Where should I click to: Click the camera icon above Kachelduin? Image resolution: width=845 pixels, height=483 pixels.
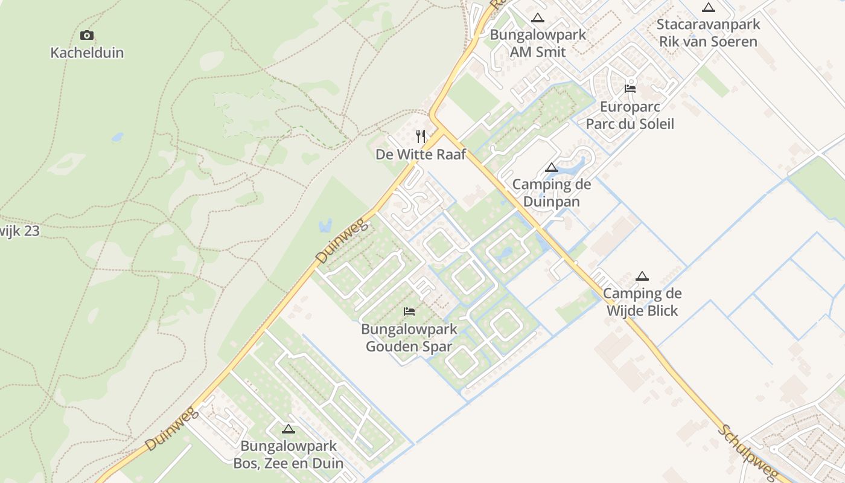click(x=87, y=35)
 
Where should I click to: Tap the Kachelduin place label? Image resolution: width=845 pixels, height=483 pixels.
click(x=87, y=53)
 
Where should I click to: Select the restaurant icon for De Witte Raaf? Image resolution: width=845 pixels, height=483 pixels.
click(x=421, y=136)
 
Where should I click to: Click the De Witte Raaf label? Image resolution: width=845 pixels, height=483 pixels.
click(x=421, y=155)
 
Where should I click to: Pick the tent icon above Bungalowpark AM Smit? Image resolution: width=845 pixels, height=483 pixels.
click(x=538, y=18)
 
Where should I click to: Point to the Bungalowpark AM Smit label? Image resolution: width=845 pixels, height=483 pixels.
click(x=538, y=43)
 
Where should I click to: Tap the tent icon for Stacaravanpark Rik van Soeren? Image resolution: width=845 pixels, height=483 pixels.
click(x=708, y=8)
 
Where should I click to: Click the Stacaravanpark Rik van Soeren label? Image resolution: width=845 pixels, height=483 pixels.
click(x=708, y=33)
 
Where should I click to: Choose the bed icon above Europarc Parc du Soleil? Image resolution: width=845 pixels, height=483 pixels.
click(x=630, y=89)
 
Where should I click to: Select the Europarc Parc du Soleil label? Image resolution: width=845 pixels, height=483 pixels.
click(x=630, y=115)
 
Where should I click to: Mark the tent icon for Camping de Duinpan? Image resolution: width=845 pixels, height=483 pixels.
click(x=551, y=167)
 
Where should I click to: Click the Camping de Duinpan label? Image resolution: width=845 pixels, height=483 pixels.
click(x=551, y=193)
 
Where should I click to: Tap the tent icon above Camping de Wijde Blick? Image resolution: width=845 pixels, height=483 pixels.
click(x=642, y=277)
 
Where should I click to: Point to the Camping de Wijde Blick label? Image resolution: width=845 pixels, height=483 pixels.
click(x=642, y=302)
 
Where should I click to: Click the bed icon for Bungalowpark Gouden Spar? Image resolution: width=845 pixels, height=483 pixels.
click(x=409, y=312)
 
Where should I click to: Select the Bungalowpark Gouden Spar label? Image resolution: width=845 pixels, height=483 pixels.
click(x=409, y=338)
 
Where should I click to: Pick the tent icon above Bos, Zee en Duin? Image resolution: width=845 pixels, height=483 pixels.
click(x=289, y=429)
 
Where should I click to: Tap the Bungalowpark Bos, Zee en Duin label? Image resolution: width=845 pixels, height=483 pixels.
click(x=289, y=455)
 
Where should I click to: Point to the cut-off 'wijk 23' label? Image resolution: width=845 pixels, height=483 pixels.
click(x=19, y=231)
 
